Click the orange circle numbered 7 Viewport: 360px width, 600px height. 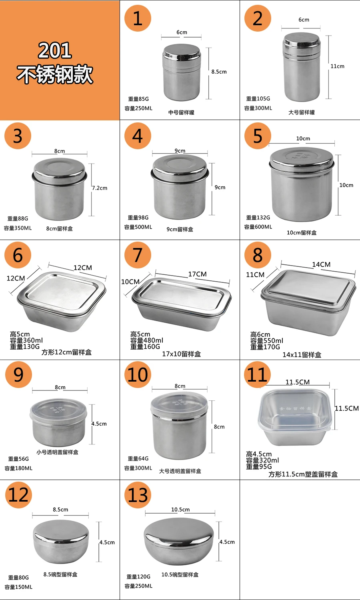pos(138,255)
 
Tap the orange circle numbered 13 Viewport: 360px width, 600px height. pos(138,495)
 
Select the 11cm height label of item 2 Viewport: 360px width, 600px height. pos(337,66)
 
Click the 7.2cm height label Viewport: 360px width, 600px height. pos(100,188)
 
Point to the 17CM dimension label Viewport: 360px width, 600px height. pos(197,274)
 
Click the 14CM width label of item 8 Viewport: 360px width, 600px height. pos(321,264)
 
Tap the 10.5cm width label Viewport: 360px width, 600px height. pos(180,510)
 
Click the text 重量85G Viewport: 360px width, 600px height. pos(138,99)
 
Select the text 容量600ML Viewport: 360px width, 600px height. pos(258,227)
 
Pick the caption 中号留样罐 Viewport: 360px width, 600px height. pos(181,112)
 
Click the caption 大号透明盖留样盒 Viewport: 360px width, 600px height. pos(180,471)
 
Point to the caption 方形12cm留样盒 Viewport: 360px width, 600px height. pos(66,352)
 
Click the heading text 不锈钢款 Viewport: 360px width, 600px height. pos(55,74)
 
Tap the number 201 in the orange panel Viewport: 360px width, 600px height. pos(55,50)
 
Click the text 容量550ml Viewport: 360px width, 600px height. pos(267,341)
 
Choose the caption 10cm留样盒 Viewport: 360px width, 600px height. pos(302,232)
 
